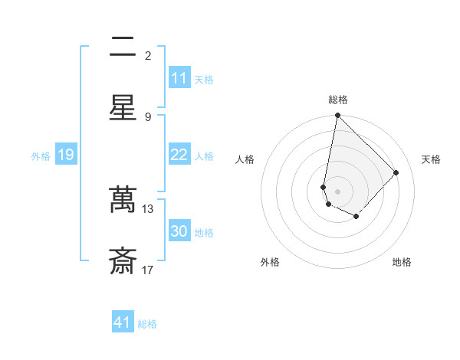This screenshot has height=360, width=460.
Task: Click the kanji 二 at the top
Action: pyautogui.click(x=123, y=47)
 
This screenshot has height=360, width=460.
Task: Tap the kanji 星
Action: pyautogui.click(x=123, y=106)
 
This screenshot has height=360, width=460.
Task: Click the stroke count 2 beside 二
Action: pyautogui.click(x=148, y=56)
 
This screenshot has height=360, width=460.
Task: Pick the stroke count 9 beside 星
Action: pyautogui.click(x=148, y=116)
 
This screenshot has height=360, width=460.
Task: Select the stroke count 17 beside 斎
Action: pyautogui.click(x=148, y=270)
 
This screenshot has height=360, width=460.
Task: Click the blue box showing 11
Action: pyautogui.click(x=179, y=78)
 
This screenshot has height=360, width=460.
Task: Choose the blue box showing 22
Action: pyautogui.click(x=179, y=155)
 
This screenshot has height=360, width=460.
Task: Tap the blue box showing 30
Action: pyautogui.click(x=179, y=231)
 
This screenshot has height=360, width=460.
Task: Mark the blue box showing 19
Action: pyautogui.click(x=65, y=155)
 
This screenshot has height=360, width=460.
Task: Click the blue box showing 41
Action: pyautogui.click(x=123, y=322)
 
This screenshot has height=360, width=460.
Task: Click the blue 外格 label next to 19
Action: pyautogui.click(x=41, y=156)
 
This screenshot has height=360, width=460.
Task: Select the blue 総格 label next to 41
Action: pyautogui.click(x=147, y=324)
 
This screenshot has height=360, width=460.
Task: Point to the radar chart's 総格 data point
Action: pyautogui.click(x=337, y=116)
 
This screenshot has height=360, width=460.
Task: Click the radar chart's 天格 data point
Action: pyautogui.click(x=396, y=172)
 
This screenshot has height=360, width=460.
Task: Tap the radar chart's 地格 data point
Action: pyautogui.click(x=356, y=217)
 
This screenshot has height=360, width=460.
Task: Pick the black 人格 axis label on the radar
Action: pyautogui.click(x=245, y=159)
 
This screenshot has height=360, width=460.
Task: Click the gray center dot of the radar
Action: pyautogui.click(x=337, y=191)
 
